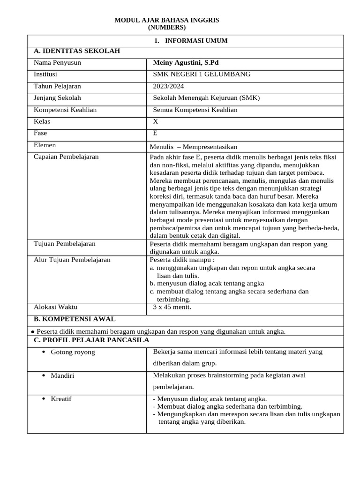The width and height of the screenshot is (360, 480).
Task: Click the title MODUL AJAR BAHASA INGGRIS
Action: pyautogui.click(x=167, y=20)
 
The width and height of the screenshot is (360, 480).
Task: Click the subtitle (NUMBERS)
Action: pyautogui.click(x=167, y=28)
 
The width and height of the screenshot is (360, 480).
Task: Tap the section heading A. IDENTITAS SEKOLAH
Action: pyautogui.click(x=77, y=51)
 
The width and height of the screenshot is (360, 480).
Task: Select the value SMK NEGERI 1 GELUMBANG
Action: pyautogui.click(x=202, y=74)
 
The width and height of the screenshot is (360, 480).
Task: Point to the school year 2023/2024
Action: pyautogui.click(x=168, y=86)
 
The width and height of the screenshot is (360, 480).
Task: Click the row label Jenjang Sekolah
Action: pyautogui.click(x=57, y=98)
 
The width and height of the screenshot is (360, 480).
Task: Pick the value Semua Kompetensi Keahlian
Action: pyautogui.click(x=195, y=110)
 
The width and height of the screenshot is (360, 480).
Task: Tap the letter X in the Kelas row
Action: pyautogui.click(x=156, y=121)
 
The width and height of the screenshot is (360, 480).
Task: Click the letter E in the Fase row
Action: pyautogui.click(x=156, y=133)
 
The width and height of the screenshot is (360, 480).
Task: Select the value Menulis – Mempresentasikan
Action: pyautogui.click(x=196, y=147)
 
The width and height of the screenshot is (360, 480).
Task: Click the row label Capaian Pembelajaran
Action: pyautogui.click(x=66, y=157)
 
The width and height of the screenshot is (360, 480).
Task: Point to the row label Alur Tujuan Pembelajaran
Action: pyautogui.click(x=72, y=259)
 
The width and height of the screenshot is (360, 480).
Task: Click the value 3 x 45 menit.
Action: pyautogui.click(x=172, y=307)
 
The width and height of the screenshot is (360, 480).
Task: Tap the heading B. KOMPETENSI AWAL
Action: pyautogui.click(x=75, y=319)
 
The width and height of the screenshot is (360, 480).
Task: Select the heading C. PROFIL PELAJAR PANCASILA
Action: pyautogui.click(x=91, y=340)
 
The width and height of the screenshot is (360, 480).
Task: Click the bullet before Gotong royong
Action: pyautogui.click(x=44, y=352)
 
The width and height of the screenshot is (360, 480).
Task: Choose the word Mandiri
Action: pyautogui.click(x=62, y=376)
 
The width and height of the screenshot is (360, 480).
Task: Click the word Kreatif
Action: pyautogui.click(x=61, y=399)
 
